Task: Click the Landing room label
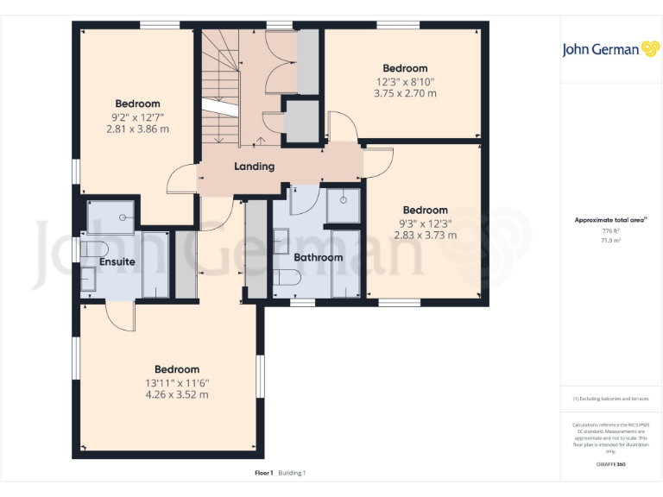tap(254, 166)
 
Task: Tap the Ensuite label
tap(117, 261)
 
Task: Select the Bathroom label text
tap(318, 257)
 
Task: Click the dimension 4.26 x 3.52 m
tap(176, 395)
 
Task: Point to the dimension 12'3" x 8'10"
tap(404, 81)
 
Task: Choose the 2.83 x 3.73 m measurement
tap(425, 235)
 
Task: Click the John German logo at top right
tap(611, 49)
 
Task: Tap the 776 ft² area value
tap(610, 231)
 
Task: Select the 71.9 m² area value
tap(610, 241)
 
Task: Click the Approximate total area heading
tap(610, 221)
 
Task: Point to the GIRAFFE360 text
tap(610, 464)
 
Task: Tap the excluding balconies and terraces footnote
tap(610, 399)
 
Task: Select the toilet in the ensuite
tap(90, 250)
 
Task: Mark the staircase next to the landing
tap(220, 86)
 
